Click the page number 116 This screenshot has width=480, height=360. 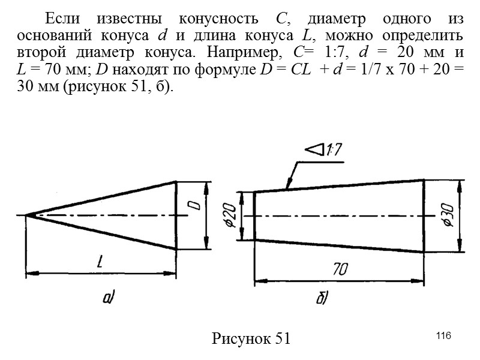443,334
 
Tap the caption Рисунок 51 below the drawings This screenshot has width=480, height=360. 251,338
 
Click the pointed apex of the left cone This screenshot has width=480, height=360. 26,215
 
